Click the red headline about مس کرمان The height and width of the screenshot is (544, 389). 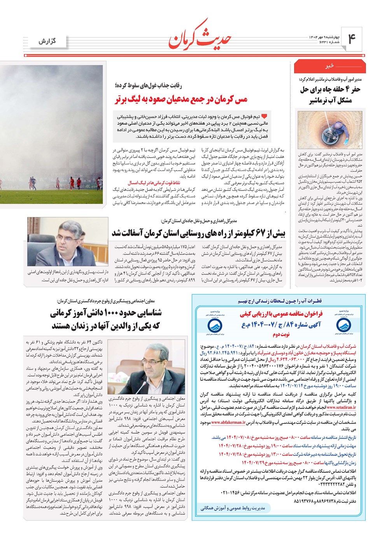[x=181, y=99]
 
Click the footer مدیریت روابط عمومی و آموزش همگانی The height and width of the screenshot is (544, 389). [x=233, y=507]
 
